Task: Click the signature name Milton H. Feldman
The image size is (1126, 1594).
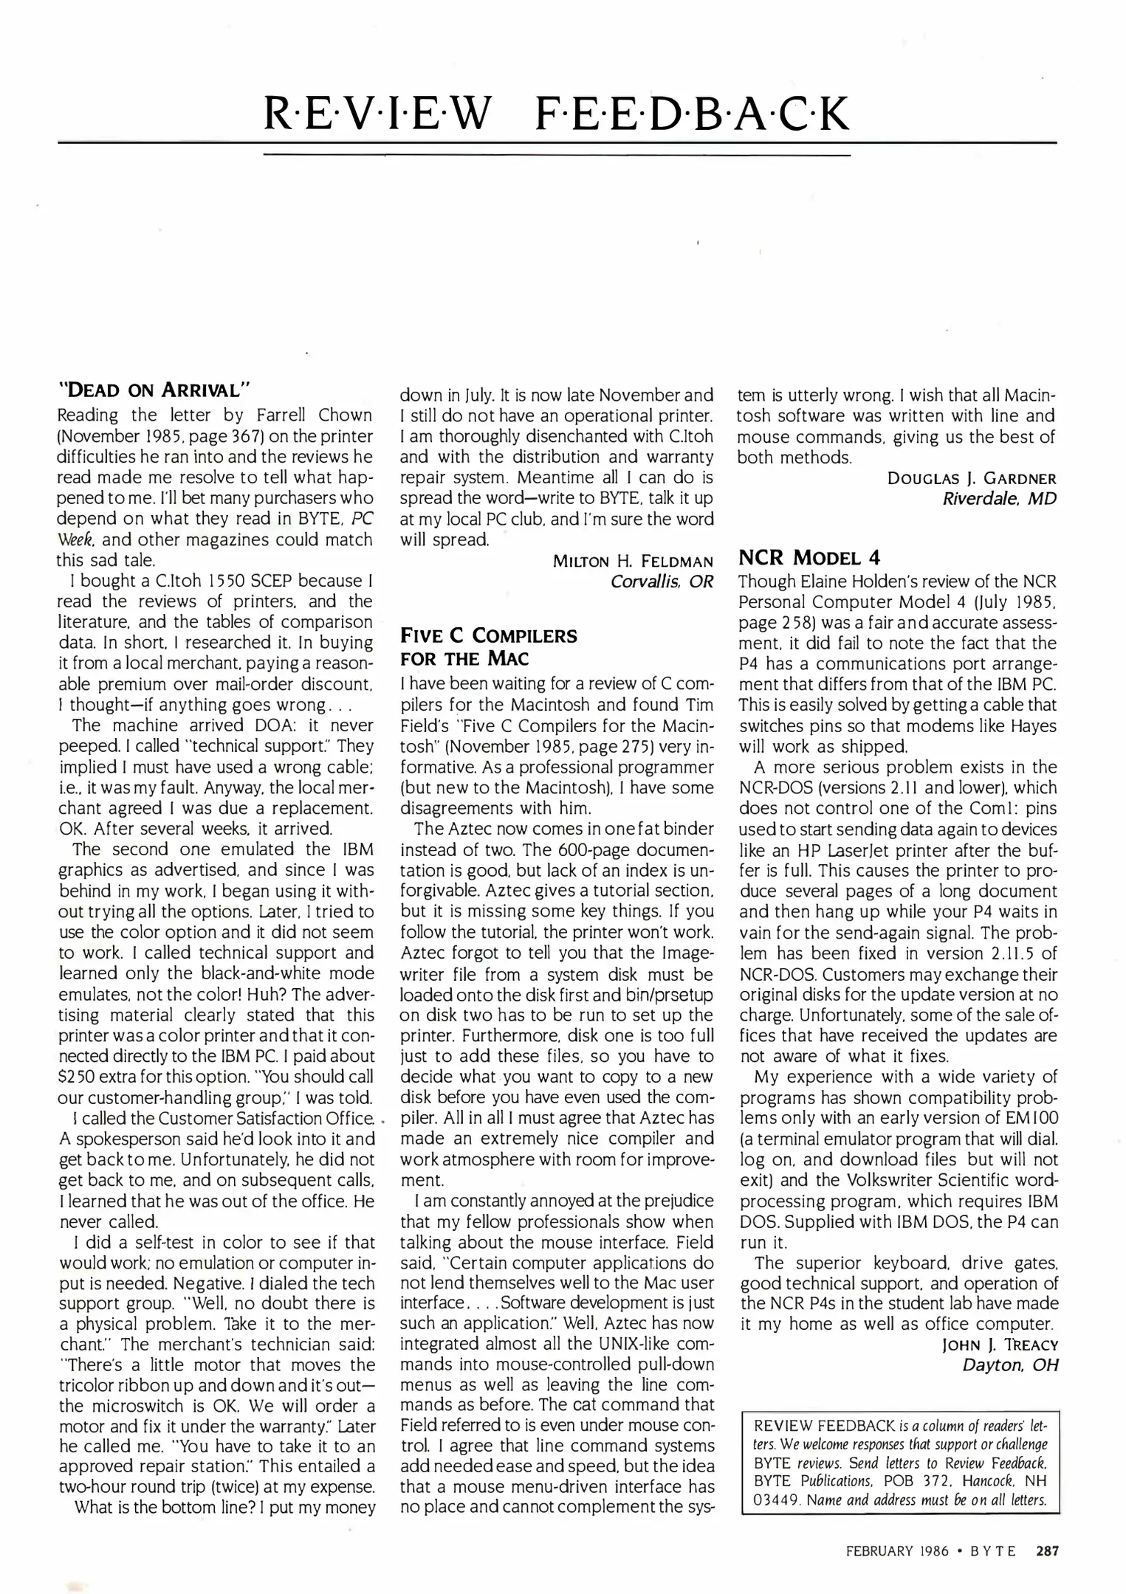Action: (x=633, y=561)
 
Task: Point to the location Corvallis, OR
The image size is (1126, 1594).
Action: (x=662, y=582)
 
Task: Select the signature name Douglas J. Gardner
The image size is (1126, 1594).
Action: (x=972, y=478)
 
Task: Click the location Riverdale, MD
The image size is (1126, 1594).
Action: (x=999, y=499)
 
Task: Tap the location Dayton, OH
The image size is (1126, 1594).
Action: (x=1009, y=1365)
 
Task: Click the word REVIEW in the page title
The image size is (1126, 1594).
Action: (x=377, y=114)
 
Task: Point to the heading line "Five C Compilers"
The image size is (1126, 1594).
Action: (x=488, y=635)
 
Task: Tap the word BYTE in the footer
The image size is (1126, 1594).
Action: (x=992, y=1551)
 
